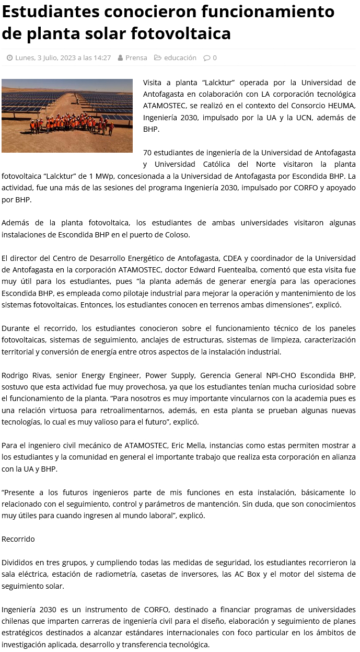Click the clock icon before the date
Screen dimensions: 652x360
click(x=9, y=58)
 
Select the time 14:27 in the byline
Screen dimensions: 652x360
click(x=102, y=58)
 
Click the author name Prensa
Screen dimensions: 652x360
click(x=136, y=58)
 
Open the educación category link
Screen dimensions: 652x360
click(x=180, y=58)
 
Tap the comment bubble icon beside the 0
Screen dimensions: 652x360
click(x=206, y=58)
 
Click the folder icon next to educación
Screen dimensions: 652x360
click(x=157, y=58)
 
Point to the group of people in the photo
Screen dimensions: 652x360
click(x=71, y=124)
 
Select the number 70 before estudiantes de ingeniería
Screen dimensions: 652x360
click(x=147, y=153)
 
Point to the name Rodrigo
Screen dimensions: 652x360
click(x=15, y=375)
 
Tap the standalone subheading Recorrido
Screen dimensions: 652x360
click(x=18, y=539)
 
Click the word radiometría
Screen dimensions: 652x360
click(x=113, y=574)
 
